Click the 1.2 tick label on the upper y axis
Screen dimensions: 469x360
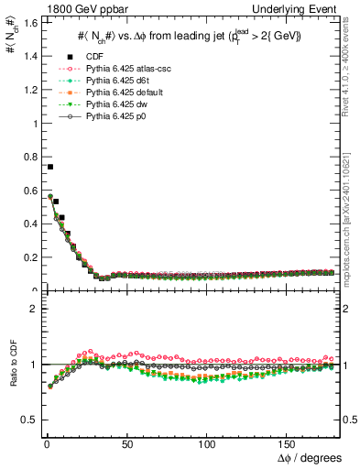(28, 90)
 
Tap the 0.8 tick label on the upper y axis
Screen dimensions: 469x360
(28, 157)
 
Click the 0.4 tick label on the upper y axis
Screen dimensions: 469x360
(28, 224)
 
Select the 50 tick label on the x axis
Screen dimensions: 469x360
(126, 444)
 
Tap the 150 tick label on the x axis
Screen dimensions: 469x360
(289, 444)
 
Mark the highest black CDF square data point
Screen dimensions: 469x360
(49, 167)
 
